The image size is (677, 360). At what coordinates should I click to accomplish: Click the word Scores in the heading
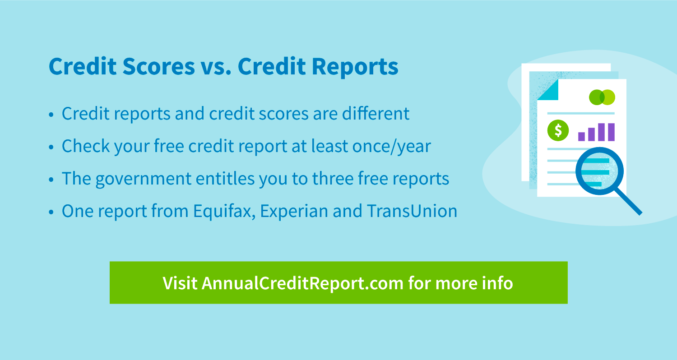click(x=159, y=66)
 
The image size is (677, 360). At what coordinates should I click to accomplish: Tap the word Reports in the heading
click(x=355, y=67)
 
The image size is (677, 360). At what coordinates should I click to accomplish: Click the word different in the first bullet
click(x=376, y=114)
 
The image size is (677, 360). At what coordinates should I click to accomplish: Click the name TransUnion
click(x=412, y=211)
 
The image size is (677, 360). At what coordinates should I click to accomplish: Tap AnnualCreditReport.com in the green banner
click(x=302, y=283)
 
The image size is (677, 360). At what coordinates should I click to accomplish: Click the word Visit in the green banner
click(x=180, y=283)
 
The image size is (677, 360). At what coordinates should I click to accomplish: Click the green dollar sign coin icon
click(x=558, y=130)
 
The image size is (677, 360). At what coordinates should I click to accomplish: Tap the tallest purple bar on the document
click(x=611, y=132)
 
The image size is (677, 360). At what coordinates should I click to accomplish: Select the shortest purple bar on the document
click(x=581, y=137)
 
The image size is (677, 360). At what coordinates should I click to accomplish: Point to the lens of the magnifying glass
click(x=600, y=171)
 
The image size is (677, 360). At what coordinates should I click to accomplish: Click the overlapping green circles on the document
click(x=602, y=97)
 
